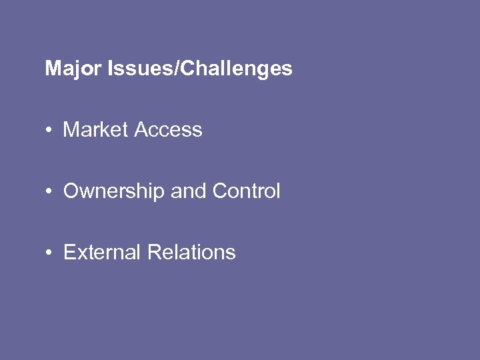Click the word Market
click(95, 129)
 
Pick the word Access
click(168, 129)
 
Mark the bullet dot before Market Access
click(50, 130)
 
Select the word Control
click(247, 191)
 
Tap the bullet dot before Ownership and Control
click(50, 192)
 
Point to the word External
click(102, 253)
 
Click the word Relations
click(191, 253)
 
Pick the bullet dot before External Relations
click(50, 253)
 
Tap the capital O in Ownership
click(71, 191)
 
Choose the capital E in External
click(69, 253)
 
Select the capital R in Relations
click(153, 253)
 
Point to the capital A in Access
click(141, 129)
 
